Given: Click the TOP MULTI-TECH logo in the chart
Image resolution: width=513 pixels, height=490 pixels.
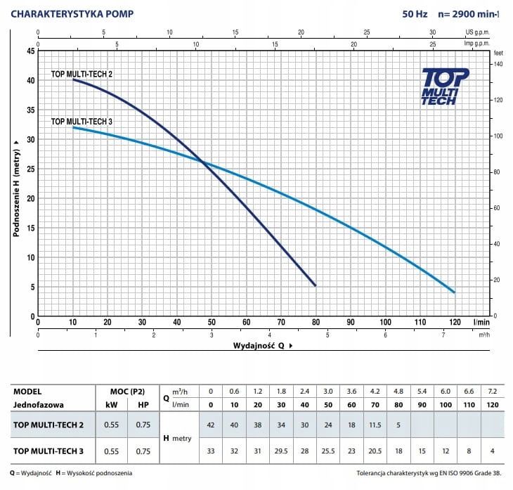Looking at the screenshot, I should pyautogui.click(x=439, y=86).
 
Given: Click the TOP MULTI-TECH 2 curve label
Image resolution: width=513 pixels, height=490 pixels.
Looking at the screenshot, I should pyautogui.click(x=82, y=74).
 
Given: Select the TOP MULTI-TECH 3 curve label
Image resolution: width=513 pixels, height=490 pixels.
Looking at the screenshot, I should pyautogui.click(x=82, y=122).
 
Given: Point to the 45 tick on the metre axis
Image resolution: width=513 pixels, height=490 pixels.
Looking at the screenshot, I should pyautogui.click(x=30, y=51).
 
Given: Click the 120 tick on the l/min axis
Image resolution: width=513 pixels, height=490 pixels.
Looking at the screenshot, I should pyautogui.click(x=455, y=322).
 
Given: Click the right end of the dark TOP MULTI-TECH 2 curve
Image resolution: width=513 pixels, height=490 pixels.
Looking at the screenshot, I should pyautogui.click(x=315, y=285).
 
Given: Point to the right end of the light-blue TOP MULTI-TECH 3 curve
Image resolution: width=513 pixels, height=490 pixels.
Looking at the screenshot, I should pyautogui.click(x=455, y=292).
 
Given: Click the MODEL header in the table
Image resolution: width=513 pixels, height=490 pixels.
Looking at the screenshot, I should pyautogui.click(x=27, y=391).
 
